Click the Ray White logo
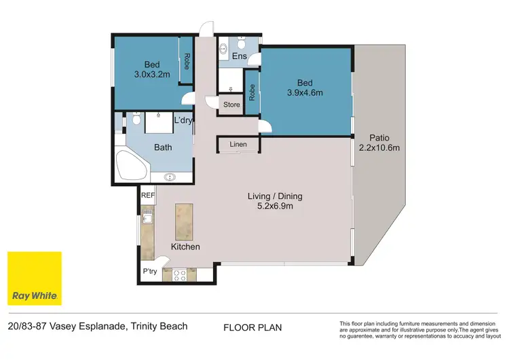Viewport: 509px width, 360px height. click(34, 278)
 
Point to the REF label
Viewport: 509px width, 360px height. click(147, 196)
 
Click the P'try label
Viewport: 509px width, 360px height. click(150, 272)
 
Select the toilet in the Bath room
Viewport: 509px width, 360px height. click(136, 122)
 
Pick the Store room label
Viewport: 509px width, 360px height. click(232, 105)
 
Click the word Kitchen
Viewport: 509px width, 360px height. click(185, 247)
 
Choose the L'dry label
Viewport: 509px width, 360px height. click(183, 121)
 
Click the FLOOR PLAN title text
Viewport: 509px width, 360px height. click(252, 327)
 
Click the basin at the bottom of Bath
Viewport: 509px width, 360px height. click(168, 178)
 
